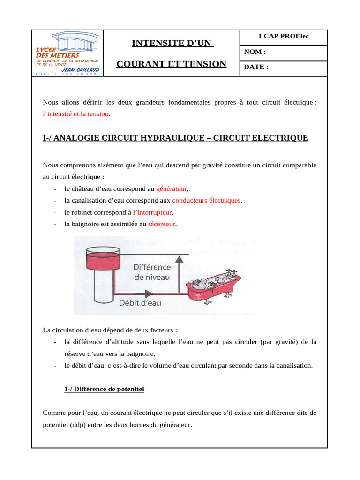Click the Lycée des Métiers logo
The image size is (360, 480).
click(67, 54)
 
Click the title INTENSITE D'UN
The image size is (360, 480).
click(172, 44)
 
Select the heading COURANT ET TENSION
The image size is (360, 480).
click(172, 64)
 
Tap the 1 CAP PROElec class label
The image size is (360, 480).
click(283, 37)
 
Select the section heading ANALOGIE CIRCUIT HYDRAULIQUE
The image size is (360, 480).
click(175, 138)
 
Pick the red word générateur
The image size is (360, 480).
click(172, 189)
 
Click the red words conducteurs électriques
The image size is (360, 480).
click(206, 201)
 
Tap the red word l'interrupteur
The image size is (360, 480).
click(150, 212)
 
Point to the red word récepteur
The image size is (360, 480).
click(161, 224)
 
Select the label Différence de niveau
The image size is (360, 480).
click(152, 272)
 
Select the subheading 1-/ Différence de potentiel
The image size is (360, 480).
click(104, 389)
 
